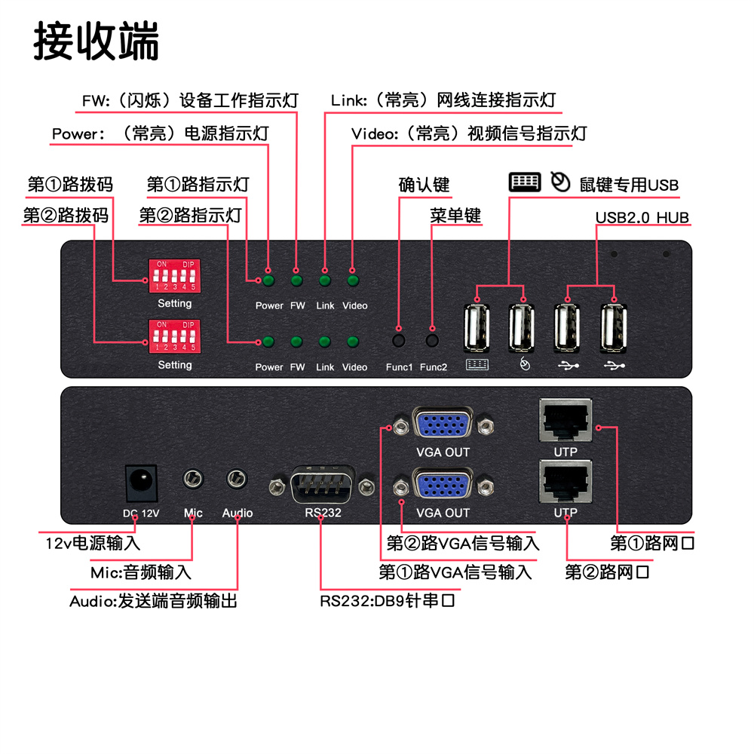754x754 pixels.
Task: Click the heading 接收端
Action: click(x=97, y=41)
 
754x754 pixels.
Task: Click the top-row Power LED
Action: click(x=268, y=281)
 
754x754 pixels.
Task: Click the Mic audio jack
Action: click(x=194, y=480)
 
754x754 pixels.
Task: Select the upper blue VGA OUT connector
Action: click(x=443, y=426)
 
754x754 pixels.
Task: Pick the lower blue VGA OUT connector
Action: click(x=443, y=486)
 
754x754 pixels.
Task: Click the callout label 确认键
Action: click(x=424, y=185)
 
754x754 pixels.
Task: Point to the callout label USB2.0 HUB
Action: click(x=642, y=218)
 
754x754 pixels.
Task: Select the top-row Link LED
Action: click(x=325, y=281)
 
